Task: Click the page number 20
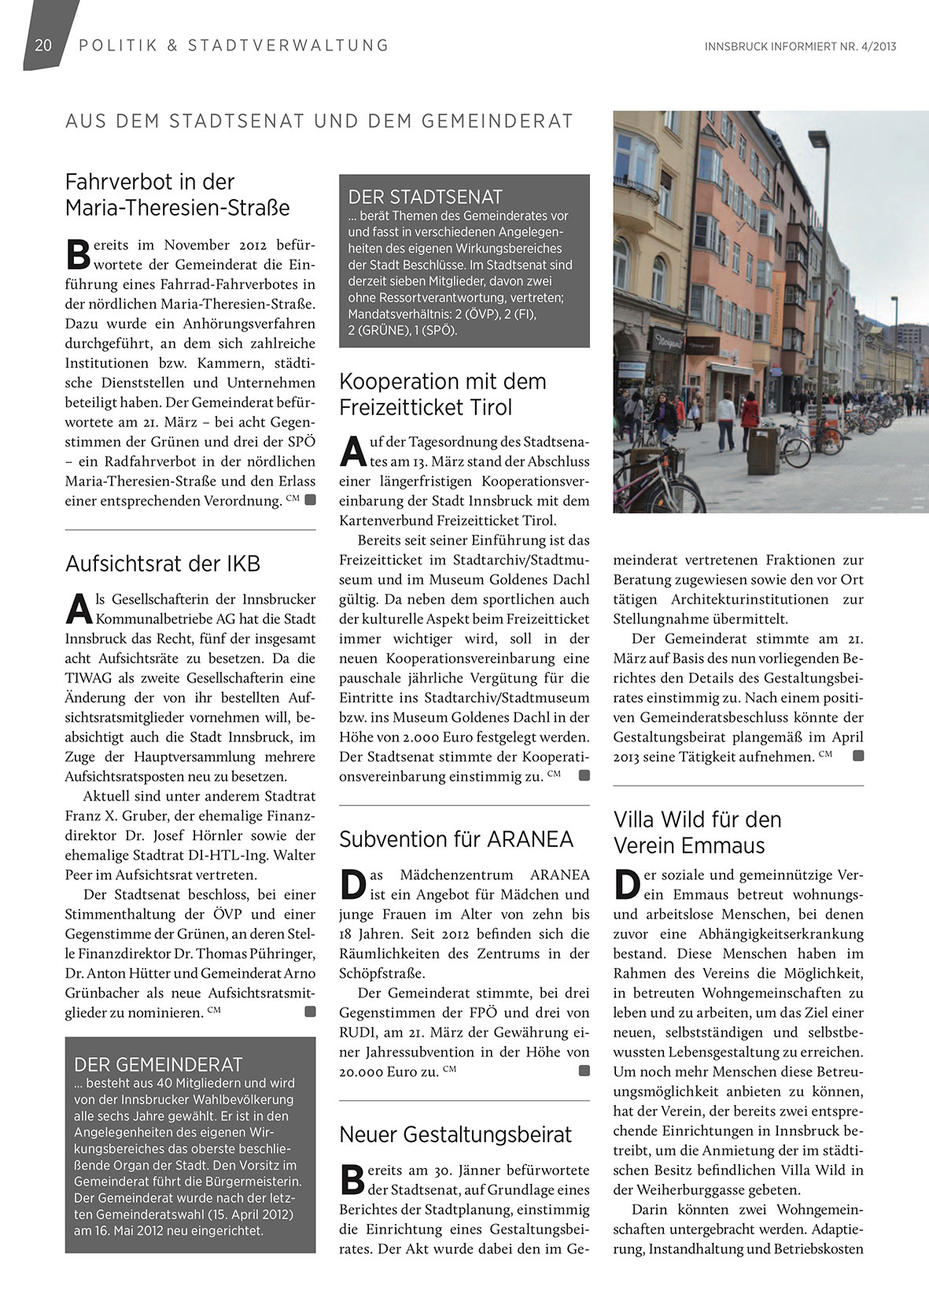(43, 46)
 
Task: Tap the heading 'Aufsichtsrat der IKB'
(162, 564)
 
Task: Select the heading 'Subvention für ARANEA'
(456, 839)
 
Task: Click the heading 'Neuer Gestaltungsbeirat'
(455, 1134)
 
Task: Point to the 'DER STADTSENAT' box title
(425, 197)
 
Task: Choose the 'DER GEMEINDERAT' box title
(158, 1065)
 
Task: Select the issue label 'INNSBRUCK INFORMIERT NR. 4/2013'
(801, 46)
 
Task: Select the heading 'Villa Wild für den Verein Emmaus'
(697, 832)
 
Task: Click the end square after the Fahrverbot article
(310, 500)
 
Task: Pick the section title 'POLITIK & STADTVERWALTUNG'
(234, 46)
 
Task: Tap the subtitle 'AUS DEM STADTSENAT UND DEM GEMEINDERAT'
(319, 121)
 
